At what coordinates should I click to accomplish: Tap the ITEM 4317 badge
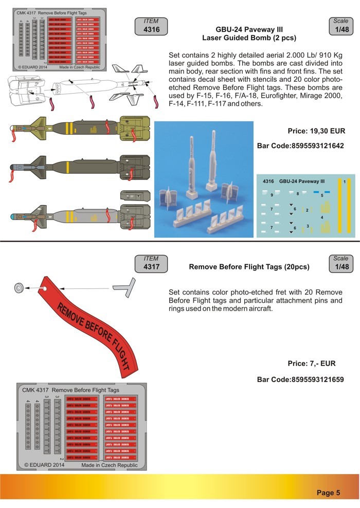pyautogui.click(x=151, y=263)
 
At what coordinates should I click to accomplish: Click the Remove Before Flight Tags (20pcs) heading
pyautogui.click(x=249, y=267)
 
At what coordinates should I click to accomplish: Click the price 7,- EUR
pyautogui.click(x=311, y=364)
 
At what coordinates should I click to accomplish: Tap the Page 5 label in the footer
pyautogui.click(x=328, y=493)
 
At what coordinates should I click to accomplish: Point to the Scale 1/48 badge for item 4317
pyautogui.click(x=340, y=263)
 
